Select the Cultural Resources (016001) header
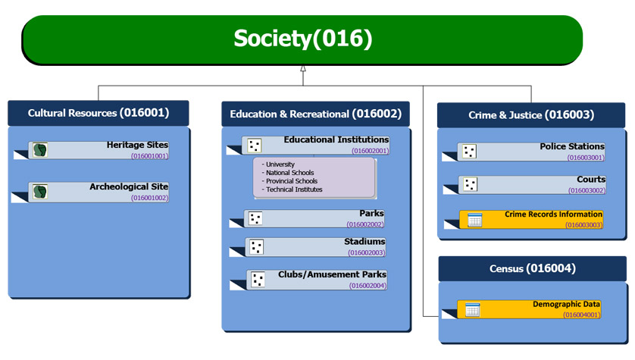pos(99,114)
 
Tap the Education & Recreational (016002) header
pos(315,114)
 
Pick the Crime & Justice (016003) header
pos(530,115)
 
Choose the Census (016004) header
pos(532,268)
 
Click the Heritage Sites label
pos(137,145)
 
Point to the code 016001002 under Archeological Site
pos(149,197)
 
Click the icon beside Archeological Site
pos(40,191)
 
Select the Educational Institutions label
pos(336,139)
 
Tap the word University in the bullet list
pos(280,164)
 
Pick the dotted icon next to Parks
pos(255,218)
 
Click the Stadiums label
pos(364,242)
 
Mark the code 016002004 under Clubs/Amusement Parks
pos(368,286)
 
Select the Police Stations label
pos(572,146)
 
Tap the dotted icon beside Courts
pos(470,184)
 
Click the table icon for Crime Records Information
pos(474,220)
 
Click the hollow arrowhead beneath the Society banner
pos(302,68)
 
